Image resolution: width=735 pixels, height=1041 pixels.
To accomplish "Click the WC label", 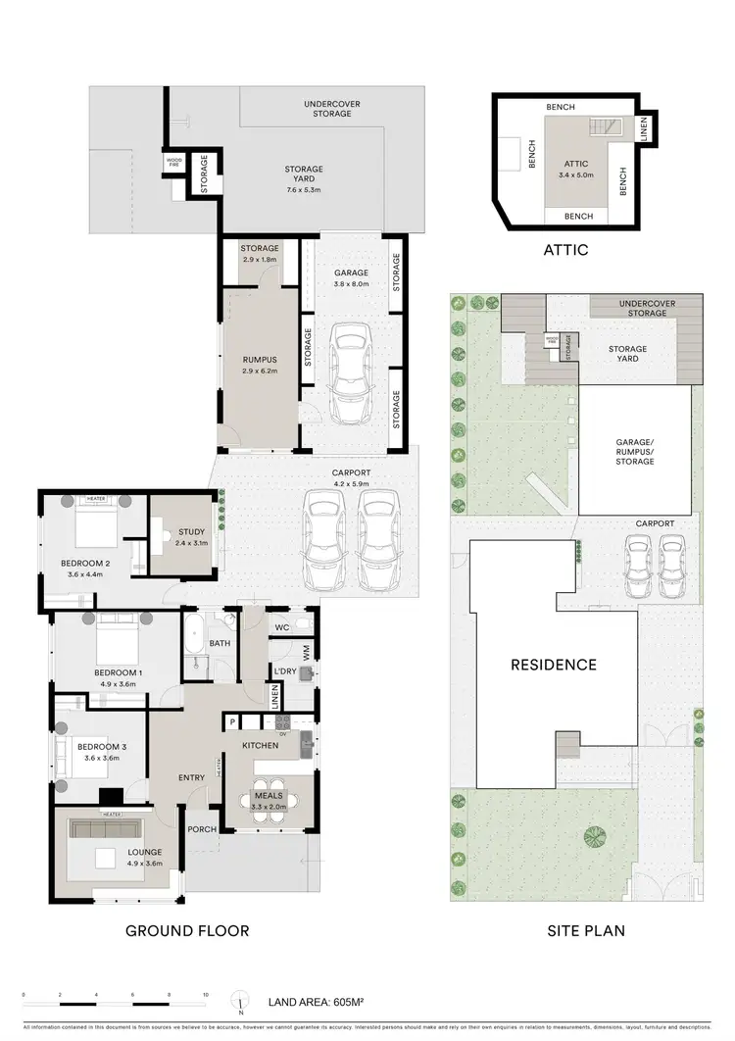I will point(281,626).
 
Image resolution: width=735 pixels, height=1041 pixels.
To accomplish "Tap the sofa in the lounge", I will point(107,829).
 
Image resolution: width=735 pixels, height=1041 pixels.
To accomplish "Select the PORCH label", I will point(201,829).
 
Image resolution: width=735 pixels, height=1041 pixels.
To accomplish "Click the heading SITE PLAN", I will point(586,930).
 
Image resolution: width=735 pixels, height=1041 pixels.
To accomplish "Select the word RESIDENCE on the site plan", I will point(553,665).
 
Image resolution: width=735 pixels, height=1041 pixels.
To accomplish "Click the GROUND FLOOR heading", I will point(187,930).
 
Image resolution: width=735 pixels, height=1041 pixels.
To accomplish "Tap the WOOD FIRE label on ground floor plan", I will point(173,162).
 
